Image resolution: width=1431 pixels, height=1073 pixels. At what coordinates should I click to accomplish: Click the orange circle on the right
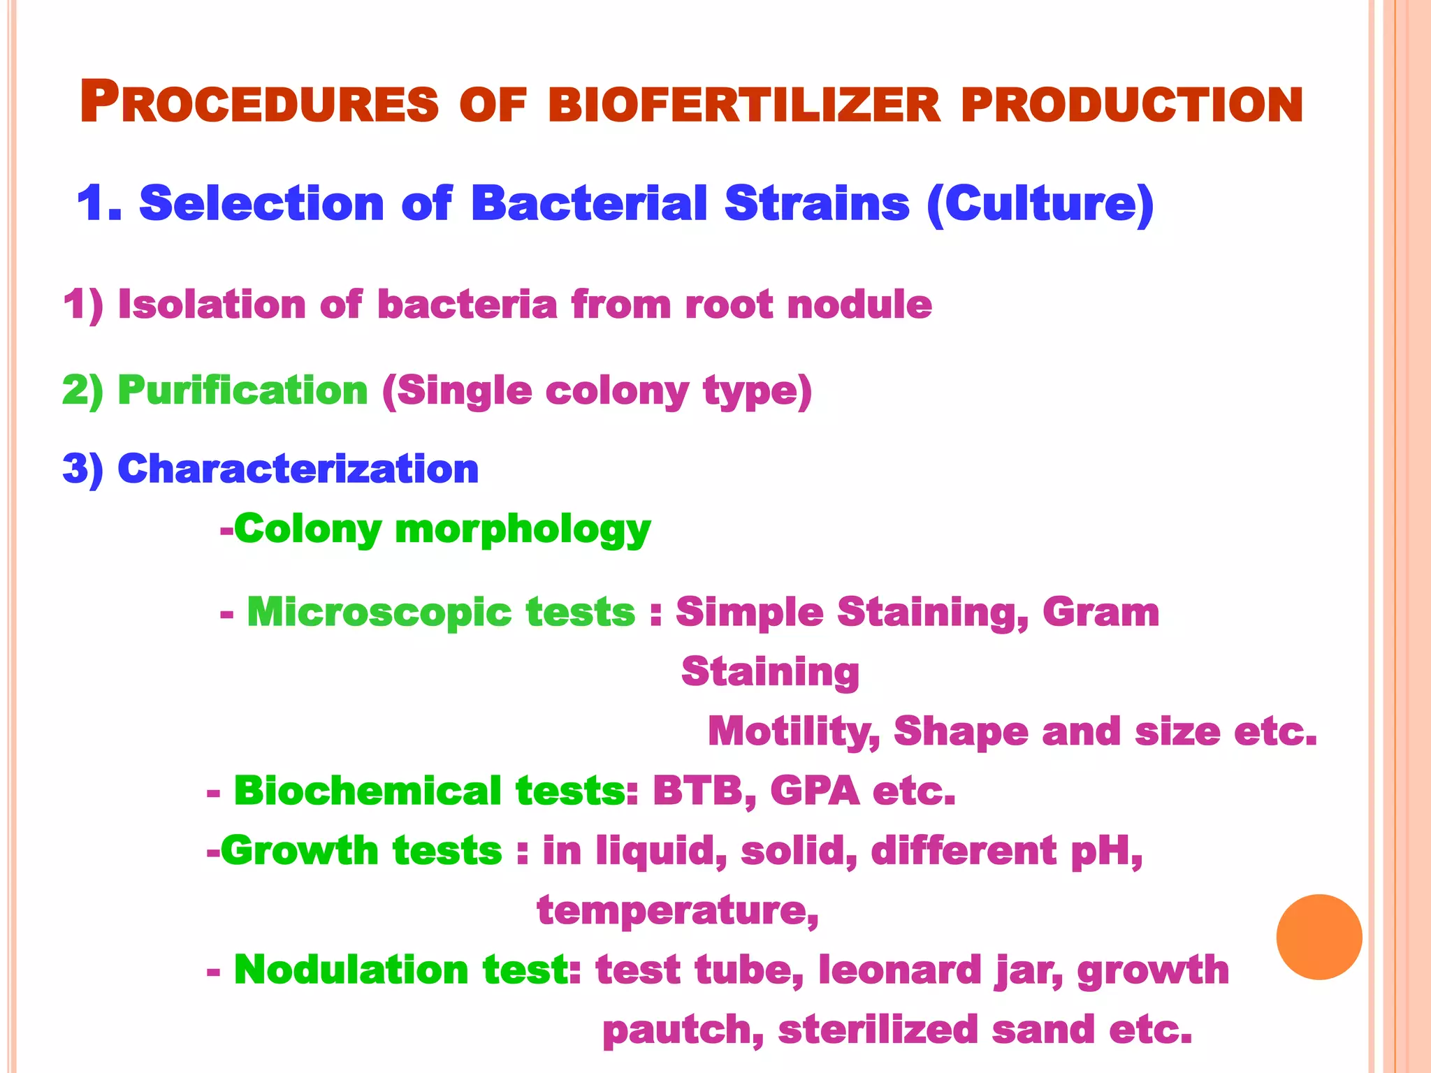click(1319, 937)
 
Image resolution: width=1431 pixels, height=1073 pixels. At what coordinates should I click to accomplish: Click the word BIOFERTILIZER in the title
click(745, 105)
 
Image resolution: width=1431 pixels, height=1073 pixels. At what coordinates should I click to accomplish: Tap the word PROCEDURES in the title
click(259, 103)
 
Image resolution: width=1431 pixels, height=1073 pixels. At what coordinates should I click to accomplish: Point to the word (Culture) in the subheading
click(1040, 205)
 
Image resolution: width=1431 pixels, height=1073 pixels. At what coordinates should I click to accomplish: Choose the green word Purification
click(242, 390)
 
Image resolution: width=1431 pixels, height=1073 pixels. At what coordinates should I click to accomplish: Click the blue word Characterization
click(298, 469)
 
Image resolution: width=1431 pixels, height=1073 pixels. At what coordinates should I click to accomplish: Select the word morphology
click(523, 530)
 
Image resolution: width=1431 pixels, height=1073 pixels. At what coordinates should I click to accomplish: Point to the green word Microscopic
click(441, 613)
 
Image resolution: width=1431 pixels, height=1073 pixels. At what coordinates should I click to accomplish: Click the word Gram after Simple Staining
click(1101, 612)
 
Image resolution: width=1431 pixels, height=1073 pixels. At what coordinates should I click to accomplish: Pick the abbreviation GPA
click(815, 791)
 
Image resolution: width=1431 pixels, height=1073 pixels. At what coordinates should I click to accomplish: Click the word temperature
click(676, 911)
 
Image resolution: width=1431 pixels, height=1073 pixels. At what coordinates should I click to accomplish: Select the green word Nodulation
click(351, 970)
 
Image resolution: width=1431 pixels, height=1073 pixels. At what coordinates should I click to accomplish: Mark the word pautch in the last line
click(682, 1030)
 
